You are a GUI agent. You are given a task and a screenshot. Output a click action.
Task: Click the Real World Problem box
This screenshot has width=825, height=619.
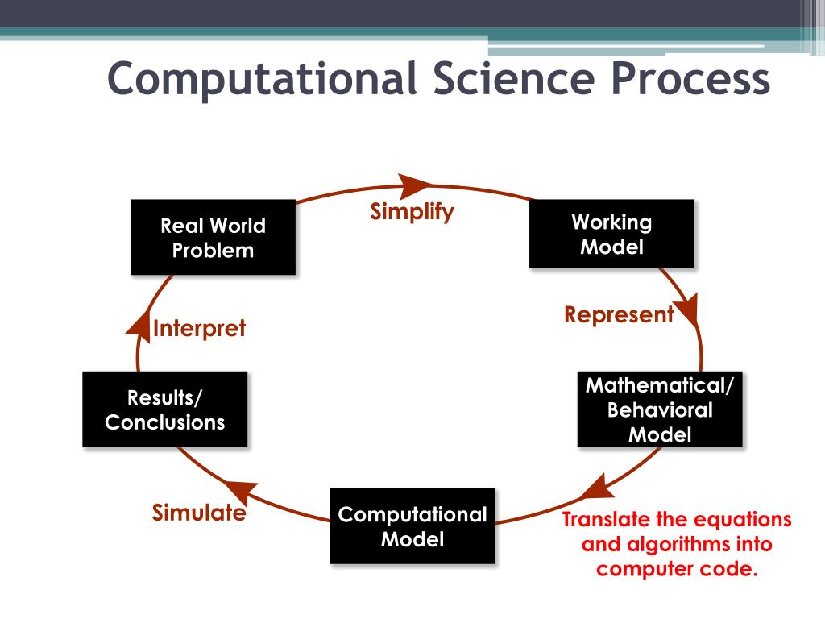pos(213,238)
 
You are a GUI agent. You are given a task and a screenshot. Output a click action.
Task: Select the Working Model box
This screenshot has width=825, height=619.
pos(611,234)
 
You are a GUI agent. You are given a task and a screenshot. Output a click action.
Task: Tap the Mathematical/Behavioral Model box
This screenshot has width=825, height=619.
pos(660,409)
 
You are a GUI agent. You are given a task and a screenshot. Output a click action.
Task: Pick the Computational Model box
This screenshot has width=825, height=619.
pos(412,526)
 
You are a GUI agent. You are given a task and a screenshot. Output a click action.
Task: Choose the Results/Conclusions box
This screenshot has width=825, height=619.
pos(164,409)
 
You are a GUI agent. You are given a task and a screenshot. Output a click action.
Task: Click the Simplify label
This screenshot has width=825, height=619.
pos(412,212)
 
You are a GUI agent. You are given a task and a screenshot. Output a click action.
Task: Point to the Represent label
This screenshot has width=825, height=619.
pos(618,315)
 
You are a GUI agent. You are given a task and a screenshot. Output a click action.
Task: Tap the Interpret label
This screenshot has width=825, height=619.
pos(199,329)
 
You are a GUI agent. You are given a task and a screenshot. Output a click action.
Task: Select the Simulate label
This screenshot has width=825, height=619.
pos(198,513)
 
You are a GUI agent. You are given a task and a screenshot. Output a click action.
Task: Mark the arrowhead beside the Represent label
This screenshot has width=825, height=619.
pos(687,310)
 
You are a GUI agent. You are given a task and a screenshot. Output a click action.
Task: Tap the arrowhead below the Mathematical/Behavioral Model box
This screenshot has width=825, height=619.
pos(594,488)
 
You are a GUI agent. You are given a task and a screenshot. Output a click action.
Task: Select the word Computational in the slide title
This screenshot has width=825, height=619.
pos(262,80)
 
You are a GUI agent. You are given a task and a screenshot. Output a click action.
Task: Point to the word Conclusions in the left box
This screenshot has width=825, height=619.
pos(164,422)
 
